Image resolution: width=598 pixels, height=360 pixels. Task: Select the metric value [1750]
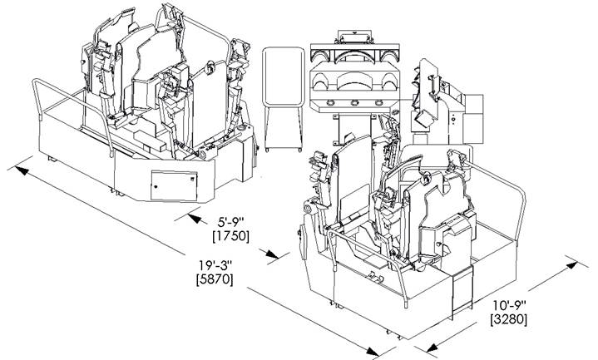pos(230,237)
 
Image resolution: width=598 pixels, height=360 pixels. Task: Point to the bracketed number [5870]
pos(215,279)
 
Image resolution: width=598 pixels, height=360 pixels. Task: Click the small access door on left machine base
pos(171,185)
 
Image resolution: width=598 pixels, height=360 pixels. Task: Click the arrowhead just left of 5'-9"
pos(192,215)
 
